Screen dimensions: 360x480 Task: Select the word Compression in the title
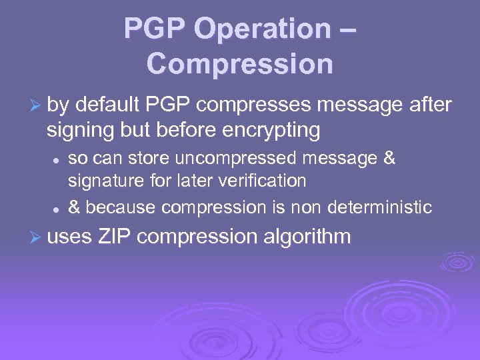click(239, 64)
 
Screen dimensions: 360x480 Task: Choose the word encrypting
click(273, 131)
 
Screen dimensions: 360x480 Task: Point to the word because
click(120, 207)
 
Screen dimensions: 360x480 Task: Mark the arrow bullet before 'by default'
click(37, 106)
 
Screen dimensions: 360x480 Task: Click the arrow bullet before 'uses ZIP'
click(37, 237)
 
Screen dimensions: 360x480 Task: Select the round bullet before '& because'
click(57, 209)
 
